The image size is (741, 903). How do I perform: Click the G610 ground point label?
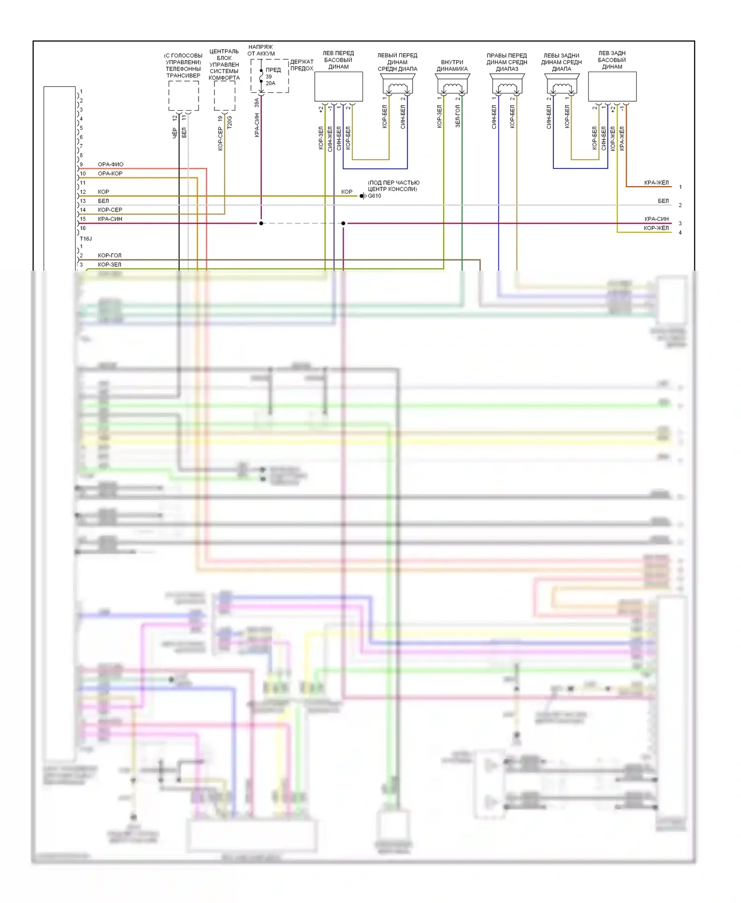click(374, 196)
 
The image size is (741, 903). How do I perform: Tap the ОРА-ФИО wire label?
click(111, 164)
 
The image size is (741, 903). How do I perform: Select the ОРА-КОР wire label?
click(110, 173)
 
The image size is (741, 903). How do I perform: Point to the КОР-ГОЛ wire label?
click(110, 255)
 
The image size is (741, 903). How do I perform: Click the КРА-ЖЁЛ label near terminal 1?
click(657, 183)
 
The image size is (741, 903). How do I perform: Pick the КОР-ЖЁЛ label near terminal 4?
click(656, 228)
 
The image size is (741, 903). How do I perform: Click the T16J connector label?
click(86, 239)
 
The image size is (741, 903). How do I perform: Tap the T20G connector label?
click(229, 122)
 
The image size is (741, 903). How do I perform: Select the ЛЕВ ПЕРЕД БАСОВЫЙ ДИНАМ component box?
click(339, 87)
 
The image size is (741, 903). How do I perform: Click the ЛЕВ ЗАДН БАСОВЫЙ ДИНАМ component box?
click(612, 87)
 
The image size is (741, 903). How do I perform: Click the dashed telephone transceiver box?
click(184, 96)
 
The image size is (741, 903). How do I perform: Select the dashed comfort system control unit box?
click(224, 96)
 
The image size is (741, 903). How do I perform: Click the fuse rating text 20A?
click(271, 83)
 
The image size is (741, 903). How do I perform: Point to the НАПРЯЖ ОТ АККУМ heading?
click(261, 50)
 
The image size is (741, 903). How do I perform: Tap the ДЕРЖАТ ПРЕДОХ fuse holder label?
click(302, 65)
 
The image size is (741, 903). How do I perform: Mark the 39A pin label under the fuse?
click(257, 103)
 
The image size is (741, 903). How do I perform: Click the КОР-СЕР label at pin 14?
click(110, 210)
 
